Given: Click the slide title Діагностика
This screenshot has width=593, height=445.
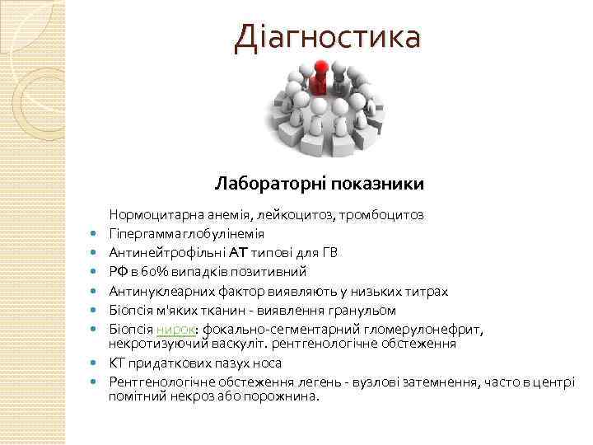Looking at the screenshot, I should click(x=327, y=36).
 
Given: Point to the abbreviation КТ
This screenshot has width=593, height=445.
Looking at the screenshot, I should click(x=117, y=363).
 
